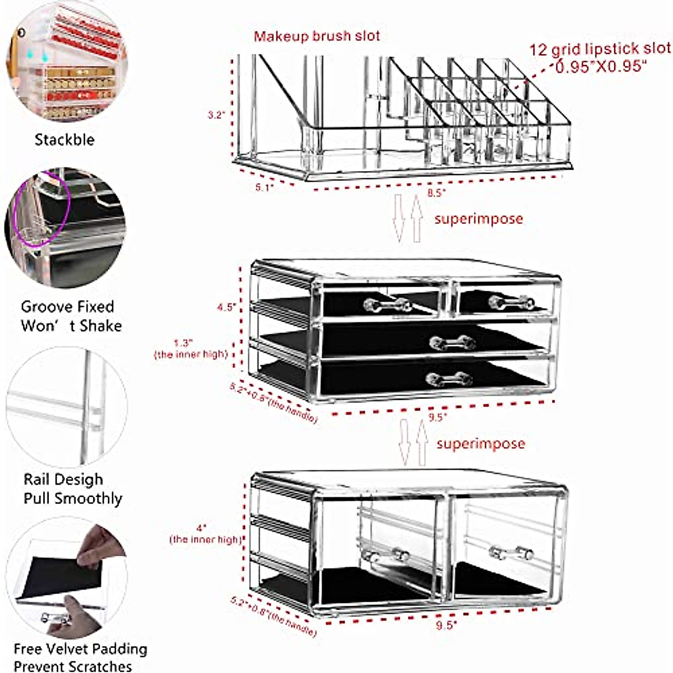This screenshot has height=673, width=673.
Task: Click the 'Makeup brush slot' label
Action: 317,36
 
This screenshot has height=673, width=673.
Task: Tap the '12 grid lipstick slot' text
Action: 600,49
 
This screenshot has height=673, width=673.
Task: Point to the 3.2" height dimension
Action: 216,115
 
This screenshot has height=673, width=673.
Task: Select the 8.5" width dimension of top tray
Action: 436,193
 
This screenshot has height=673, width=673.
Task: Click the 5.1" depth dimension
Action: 264,187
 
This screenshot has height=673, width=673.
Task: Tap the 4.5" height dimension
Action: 226,307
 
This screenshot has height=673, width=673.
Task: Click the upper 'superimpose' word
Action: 478,219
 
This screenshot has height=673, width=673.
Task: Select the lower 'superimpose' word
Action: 481,444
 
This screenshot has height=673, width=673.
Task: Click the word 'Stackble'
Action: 64,140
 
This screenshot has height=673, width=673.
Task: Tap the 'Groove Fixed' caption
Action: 67,307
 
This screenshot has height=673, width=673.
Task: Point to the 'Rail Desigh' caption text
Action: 63,480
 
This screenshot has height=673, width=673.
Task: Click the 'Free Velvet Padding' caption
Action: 80,649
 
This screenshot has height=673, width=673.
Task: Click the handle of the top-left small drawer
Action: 388,305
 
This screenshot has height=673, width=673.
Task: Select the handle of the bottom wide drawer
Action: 448,379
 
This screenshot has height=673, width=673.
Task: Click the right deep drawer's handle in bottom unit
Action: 510,553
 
